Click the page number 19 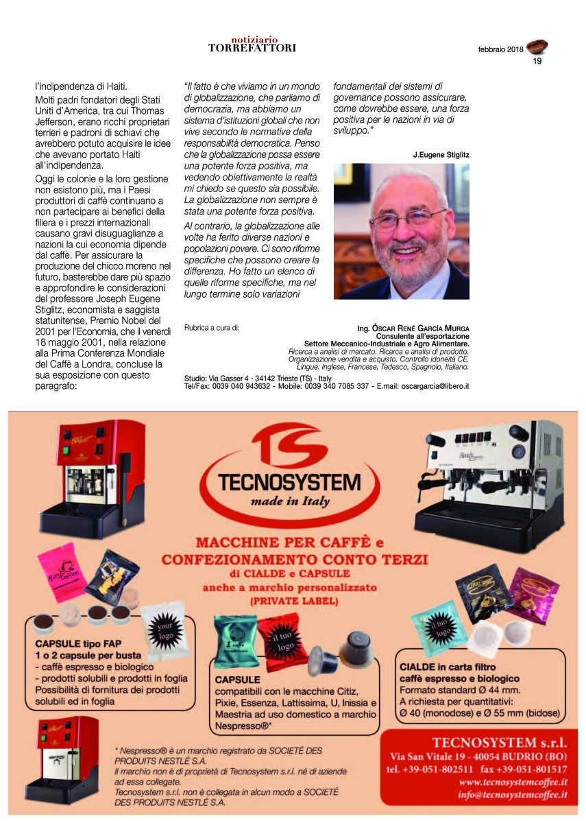537,61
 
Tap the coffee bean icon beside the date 537,47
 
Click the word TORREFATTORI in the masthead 252,48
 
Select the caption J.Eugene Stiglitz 441,155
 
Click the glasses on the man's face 408,221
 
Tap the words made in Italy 289,501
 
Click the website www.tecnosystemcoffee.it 513,782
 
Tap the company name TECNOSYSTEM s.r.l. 500,742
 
